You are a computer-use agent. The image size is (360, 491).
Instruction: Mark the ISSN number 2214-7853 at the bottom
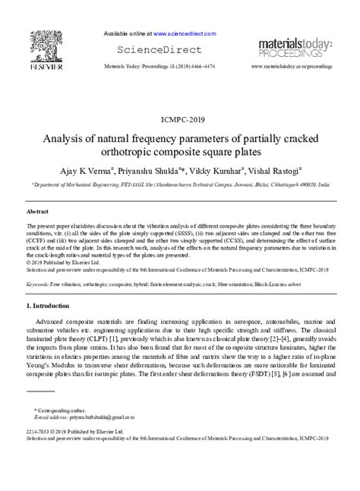point(38,432)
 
